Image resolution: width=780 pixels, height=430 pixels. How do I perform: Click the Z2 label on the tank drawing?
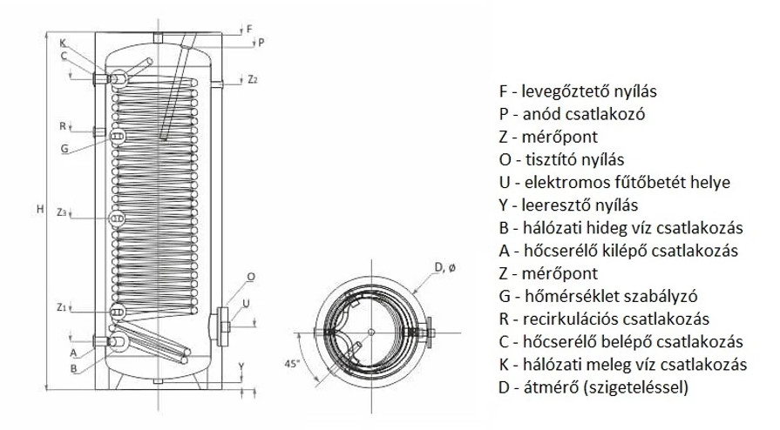click(x=252, y=80)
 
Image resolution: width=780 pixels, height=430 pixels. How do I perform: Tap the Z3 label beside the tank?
click(x=60, y=212)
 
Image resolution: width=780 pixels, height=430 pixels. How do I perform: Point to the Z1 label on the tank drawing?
click(x=61, y=307)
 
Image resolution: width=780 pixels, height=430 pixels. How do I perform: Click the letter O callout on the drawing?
click(x=252, y=277)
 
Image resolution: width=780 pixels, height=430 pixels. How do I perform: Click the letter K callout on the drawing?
click(x=63, y=44)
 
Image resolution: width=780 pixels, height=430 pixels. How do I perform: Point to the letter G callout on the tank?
click(x=64, y=149)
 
